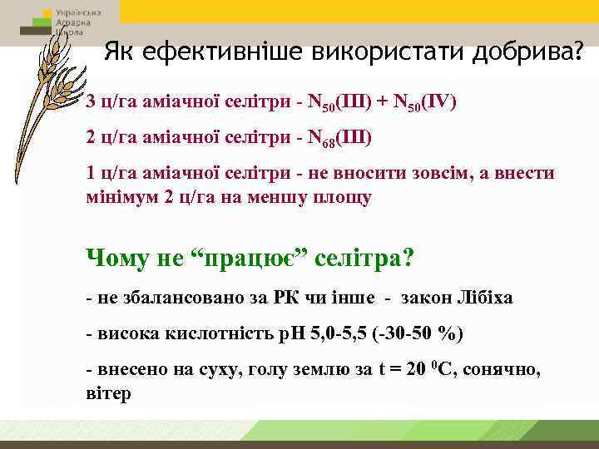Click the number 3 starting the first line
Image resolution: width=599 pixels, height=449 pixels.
(x=91, y=103)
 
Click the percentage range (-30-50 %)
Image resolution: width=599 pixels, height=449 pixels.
(x=412, y=334)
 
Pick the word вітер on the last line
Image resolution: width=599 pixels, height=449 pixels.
(x=108, y=393)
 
